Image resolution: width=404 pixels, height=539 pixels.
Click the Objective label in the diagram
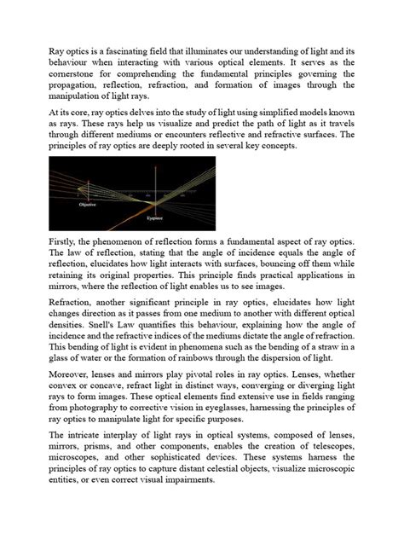(86, 205)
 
